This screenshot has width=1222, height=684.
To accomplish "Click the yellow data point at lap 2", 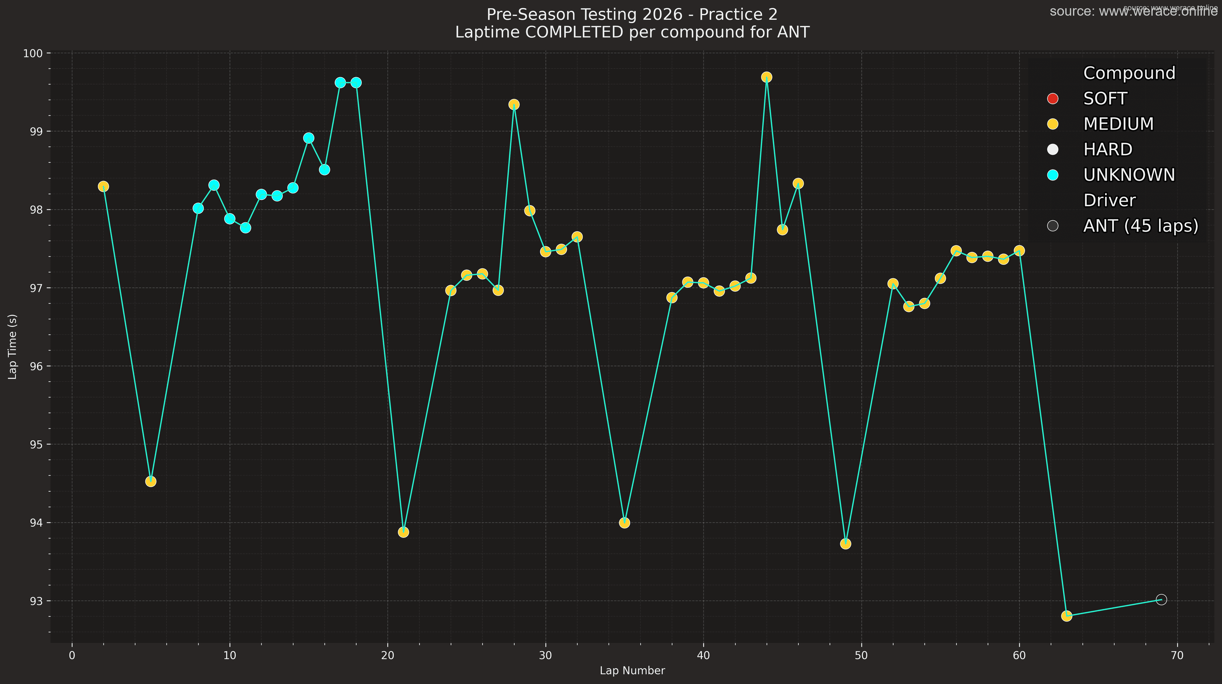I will click(103, 187).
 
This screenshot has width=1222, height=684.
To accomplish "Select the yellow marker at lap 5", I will click(151, 482).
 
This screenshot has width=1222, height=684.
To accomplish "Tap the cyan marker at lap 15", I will click(309, 138).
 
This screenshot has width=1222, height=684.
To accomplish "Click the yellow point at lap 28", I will click(514, 104).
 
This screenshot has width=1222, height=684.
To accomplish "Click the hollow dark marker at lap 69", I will click(1161, 600).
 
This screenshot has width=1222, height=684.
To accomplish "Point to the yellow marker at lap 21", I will click(403, 532).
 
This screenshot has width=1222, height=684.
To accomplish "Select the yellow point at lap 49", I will click(845, 544).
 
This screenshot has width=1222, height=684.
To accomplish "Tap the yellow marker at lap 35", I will click(624, 523).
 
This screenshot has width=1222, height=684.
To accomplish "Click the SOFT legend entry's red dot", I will click(1053, 99).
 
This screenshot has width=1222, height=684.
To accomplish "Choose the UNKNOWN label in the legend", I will click(1129, 175).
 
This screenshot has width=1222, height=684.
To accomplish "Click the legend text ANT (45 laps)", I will click(1141, 226).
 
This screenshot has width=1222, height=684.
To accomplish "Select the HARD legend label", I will click(1108, 150).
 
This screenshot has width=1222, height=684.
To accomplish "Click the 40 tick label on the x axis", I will click(703, 656).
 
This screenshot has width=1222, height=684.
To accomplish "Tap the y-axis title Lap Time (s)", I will click(13, 346).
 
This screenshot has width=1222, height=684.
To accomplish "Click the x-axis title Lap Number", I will click(632, 671).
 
